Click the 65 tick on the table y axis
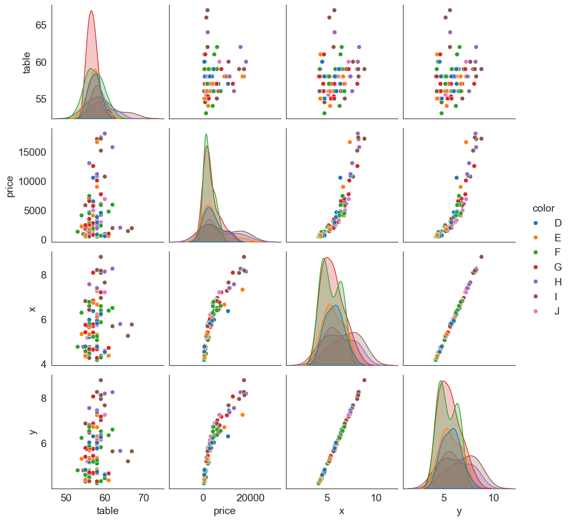coord(41,25)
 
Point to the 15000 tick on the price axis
coord(33,152)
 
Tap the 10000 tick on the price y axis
coord(33,181)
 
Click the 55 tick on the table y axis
coord(41,99)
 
